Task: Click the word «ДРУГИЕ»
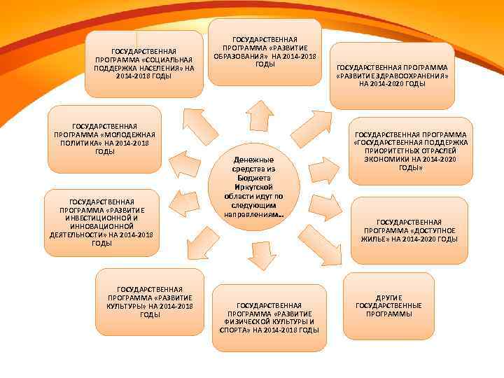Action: tap(388, 298)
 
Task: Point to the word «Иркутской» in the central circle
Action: tap(254, 188)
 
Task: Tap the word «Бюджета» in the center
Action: tap(254, 178)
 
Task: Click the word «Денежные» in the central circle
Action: tap(254, 160)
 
